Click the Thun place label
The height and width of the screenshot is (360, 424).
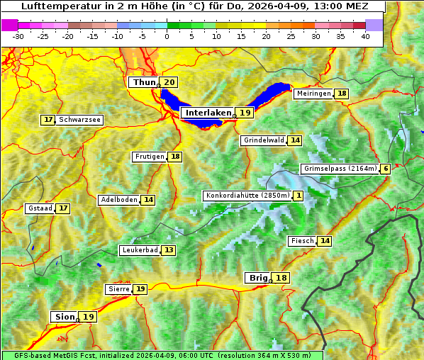point(144,83)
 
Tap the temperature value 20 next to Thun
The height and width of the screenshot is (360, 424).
point(169,83)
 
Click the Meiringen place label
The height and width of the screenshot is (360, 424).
point(313,94)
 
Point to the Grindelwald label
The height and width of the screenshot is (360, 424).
point(264,140)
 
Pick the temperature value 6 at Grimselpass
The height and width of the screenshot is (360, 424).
point(385,169)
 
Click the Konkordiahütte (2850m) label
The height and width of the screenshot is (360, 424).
point(247,196)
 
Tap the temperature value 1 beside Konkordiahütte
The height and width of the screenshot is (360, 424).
point(299,196)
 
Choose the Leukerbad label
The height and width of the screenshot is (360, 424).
point(140,250)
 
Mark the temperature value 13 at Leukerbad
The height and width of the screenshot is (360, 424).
point(169,250)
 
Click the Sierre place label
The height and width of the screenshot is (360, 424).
point(118,289)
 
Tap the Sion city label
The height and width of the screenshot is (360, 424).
point(63,317)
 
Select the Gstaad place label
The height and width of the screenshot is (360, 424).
point(40,208)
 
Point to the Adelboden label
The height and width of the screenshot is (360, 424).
point(118,200)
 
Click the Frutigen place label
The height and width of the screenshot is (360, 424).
point(150,157)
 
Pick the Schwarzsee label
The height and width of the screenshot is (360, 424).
point(79,120)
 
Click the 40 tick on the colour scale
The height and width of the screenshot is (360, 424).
point(365,35)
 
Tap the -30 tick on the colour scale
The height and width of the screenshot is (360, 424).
point(18,35)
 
